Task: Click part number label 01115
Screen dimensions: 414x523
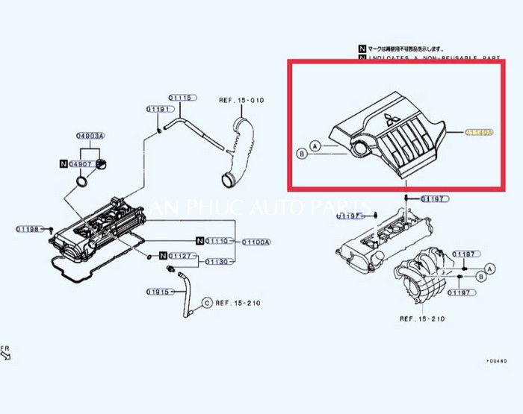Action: [181, 98]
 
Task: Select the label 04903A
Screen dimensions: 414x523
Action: [90, 137]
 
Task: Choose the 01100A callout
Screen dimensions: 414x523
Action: [256, 241]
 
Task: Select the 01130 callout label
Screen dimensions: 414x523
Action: [217, 262]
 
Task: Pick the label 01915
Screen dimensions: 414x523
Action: [159, 291]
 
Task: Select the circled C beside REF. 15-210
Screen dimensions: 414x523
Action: [207, 303]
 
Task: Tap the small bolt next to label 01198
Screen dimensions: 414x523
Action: [52, 231]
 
